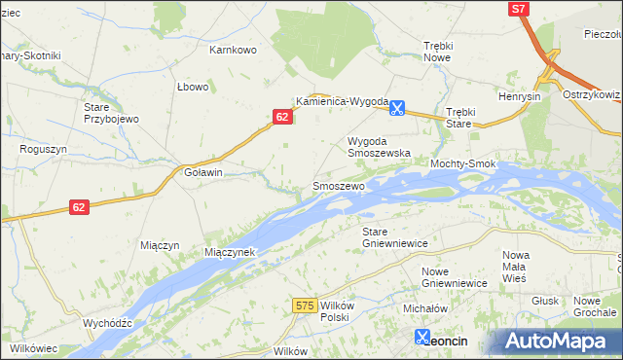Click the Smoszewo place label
(x=338, y=185)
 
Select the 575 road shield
(x=305, y=306)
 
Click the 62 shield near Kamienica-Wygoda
(x=281, y=117)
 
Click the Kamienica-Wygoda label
(x=342, y=101)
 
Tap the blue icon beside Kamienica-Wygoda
(x=397, y=109)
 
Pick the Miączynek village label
(x=230, y=251)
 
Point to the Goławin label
(x=203, y=172)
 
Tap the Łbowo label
(x=193, y=87)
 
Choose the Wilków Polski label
(x=334, y=311)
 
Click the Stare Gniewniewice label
(x=388, y=236)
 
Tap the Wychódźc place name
(x=107, y=322)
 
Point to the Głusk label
(x=546, y=301)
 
